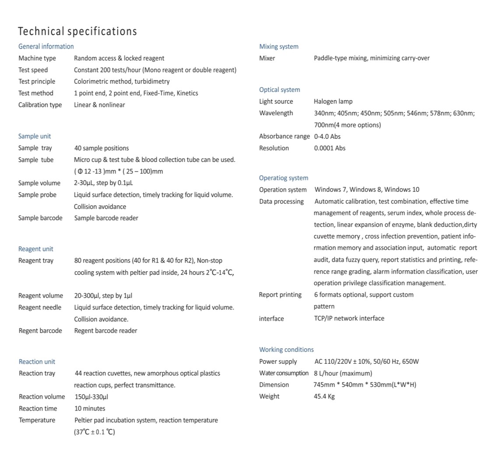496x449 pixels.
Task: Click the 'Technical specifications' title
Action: point(77,32)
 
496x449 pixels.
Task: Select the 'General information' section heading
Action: point(46,46)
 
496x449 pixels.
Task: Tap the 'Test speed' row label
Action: point(33,70)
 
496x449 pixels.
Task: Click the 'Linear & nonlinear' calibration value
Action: point(99,105)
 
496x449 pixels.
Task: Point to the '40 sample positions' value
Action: point(102,148)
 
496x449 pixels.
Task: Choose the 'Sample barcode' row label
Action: point(40,218)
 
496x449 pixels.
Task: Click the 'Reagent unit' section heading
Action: point(35,249)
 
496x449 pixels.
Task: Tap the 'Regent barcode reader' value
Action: point(106,331)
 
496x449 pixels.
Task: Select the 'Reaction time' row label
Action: point(38,409)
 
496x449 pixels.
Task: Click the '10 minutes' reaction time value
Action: point(90,409)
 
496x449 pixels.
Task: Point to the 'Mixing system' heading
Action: point(279,47)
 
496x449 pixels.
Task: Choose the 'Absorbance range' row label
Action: point(284,137)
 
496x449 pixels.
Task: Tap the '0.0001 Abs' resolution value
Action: point(330,148)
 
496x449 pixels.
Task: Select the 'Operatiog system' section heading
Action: point(284,178)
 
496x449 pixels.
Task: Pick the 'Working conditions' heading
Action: point(286,350)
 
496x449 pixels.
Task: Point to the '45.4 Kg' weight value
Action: point(324,396)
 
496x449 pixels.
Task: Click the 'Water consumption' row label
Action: point(284,373)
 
